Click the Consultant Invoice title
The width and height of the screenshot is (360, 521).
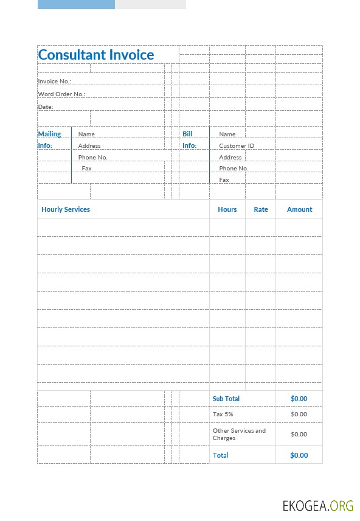[96, 55]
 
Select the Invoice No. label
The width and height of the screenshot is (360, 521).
[55, 81]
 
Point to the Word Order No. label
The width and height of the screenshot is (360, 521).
[61, 94]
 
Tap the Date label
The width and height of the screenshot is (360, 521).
[46, 107]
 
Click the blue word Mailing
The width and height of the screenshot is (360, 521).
[50, 134]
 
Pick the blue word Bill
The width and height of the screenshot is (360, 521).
[187, 134]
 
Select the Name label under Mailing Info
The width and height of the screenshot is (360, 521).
[86, 134]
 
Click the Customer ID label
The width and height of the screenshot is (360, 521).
[237, 145]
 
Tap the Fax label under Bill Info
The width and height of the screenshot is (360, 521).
[224, 180]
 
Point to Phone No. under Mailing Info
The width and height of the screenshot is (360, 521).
[92, 157]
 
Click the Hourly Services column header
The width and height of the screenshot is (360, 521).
[66, 209]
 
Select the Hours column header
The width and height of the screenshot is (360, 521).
[227, 209]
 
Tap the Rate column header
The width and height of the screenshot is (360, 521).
[261, 209]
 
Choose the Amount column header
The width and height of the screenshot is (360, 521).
[299, 209]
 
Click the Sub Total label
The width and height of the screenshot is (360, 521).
[226, 399]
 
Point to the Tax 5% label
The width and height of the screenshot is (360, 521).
[223, 414]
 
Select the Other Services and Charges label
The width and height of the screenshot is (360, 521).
[239, 434]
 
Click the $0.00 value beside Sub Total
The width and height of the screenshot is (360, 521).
[299, 399]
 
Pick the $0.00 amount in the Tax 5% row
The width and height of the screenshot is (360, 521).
[299, 414]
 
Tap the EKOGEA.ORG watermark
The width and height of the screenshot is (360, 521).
[317, 506]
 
